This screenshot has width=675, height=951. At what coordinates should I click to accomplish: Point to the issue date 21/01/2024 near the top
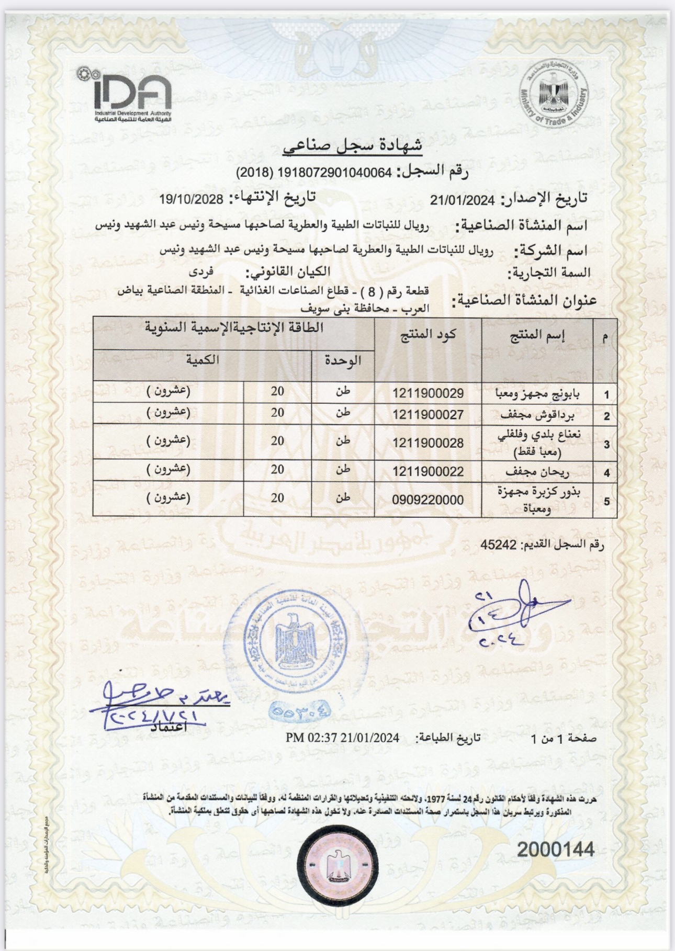tap(462, 199)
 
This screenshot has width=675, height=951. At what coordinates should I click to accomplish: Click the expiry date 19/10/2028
tap(192, 199)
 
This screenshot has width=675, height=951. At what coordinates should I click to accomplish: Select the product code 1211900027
tap(428, 415)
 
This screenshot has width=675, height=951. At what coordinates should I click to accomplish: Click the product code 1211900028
tap(428, 443)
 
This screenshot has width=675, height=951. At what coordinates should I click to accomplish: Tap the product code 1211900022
tap(428, 472)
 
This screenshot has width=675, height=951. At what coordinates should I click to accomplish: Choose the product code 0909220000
tap(428, 500)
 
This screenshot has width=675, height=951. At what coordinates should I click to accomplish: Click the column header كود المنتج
tap(429, 335)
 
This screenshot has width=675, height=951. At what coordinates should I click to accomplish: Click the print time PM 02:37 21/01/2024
tap(343, 738)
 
